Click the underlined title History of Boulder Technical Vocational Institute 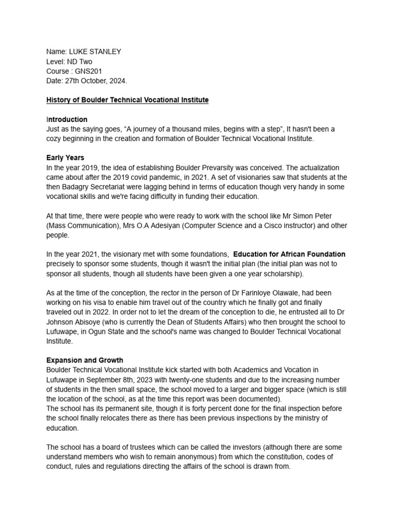127,100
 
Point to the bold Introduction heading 67,119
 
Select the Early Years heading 65,158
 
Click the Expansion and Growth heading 85,360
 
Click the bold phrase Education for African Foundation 289,254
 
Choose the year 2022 113,312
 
